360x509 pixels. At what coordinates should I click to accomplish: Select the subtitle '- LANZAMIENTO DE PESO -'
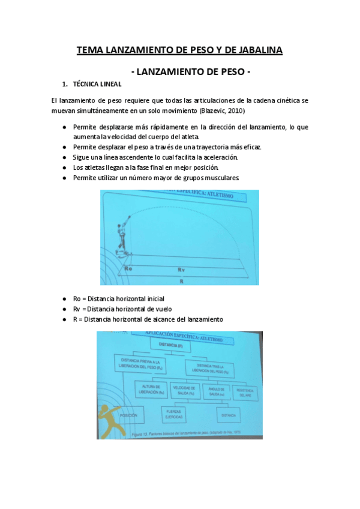click(190, 72)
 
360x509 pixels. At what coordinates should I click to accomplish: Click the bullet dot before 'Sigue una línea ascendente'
click(64, 157)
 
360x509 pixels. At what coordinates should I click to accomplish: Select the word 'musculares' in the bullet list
click(223, 178)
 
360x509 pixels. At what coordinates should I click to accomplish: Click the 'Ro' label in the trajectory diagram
click(127, 270)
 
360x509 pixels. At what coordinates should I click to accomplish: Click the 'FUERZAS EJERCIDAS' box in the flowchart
click(176, 414)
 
